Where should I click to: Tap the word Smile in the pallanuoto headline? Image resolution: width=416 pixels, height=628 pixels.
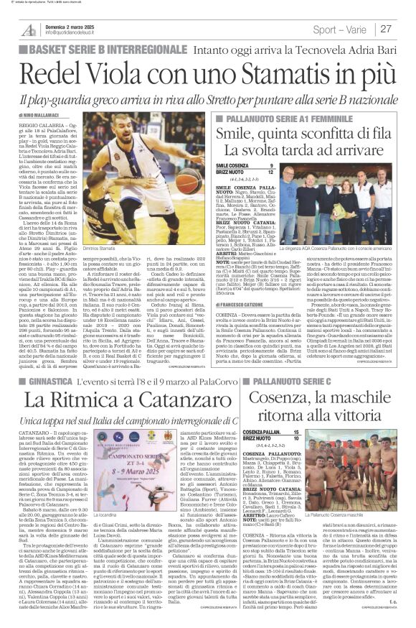tap(241, 132)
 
